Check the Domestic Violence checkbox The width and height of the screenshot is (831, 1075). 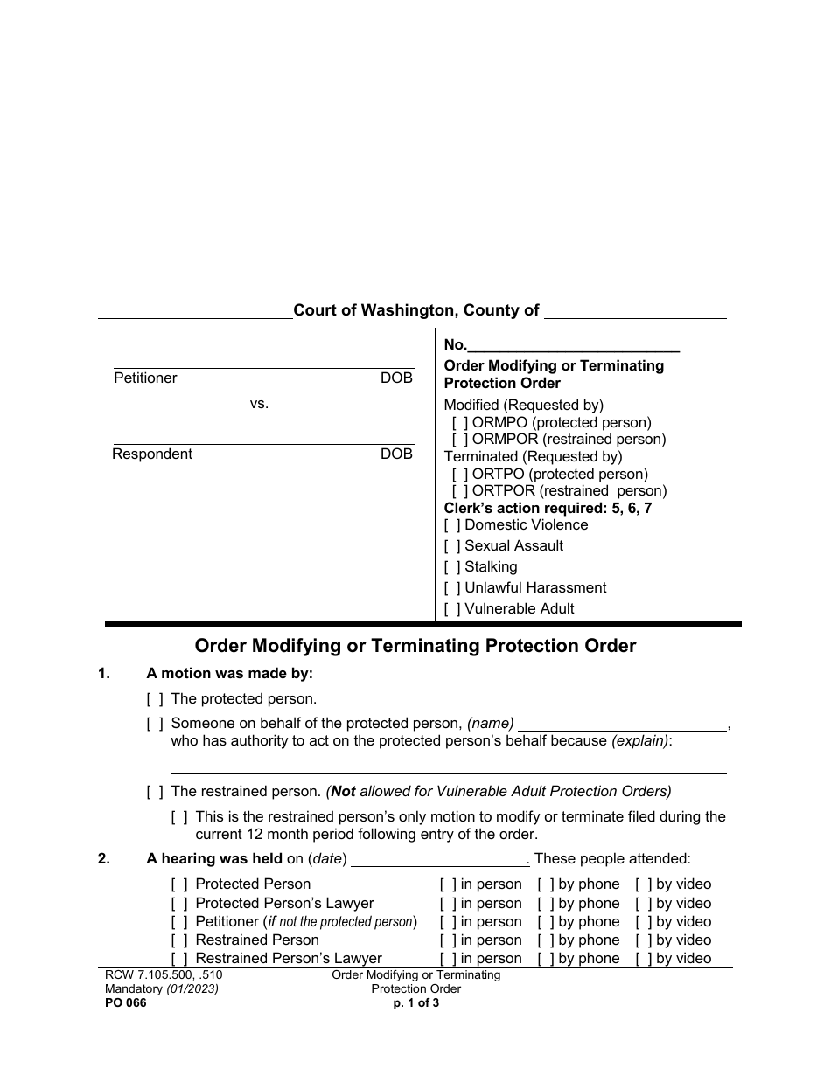pyautogui.click(x=452, y=525)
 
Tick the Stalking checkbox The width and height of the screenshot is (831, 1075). pyautogui.click(x=452, y=567)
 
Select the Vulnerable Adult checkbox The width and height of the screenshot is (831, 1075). pyautogui.click(x=452, y=609)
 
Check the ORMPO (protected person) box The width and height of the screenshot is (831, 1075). pyautogui.click(x=460, y=422)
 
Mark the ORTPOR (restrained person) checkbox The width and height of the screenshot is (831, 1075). pyautogui.click(x=460, y=491)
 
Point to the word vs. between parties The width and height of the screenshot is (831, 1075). pyautogui.click(x=259, y=404)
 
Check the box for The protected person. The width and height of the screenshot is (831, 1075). pyautogui.click(x=155, y=699)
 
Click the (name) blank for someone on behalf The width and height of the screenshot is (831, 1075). pyautogui.click(x=622, y=725)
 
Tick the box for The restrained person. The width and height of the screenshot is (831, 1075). pyautogui.click(x=155, y=793)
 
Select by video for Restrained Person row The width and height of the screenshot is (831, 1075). pyautogui.click(x=644, y=940)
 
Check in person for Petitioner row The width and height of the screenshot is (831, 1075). pyautogui.click(x=448, y=922)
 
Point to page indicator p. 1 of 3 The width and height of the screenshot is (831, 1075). pyautogui.click(x=415, y=1003)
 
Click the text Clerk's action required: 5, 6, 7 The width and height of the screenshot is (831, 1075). pyautogui.click(x=548, y=508)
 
